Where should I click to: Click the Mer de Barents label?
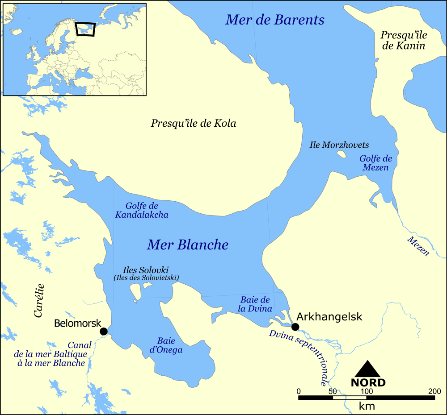tap(274, 20)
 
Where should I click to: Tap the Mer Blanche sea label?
tap(187, 245)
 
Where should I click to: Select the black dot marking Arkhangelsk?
tap(295, 327)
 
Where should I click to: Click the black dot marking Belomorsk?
tap(104, 331)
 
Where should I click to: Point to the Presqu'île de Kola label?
tap(193, 123)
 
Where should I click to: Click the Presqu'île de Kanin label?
tap(403, 40)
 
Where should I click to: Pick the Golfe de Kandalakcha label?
tap(142, 210)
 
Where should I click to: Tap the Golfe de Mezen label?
tap(375, 163)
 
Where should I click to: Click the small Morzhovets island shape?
tap(342, 154)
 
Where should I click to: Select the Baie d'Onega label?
tap(166, 345)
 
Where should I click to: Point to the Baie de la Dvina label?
tap(254, 304)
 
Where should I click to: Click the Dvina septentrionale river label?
tap(299, 357)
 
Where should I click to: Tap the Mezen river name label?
tap(418, 246)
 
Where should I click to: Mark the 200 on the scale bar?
tap(434, 391)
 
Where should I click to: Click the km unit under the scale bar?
tap(367, 406)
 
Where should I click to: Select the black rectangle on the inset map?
tap(85, 29)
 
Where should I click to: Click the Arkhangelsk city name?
tap(329, 317)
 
